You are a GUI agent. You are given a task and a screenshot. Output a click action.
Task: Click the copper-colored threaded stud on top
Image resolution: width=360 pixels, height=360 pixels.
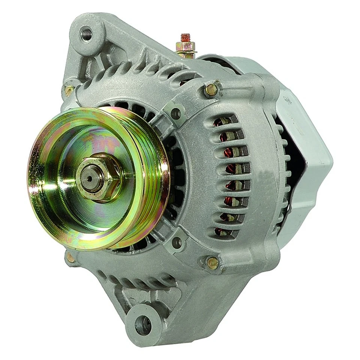185,38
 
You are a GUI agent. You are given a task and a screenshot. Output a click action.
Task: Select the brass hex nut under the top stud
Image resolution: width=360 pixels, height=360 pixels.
186,47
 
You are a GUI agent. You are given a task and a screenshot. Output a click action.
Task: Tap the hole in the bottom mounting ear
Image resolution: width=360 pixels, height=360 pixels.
143,321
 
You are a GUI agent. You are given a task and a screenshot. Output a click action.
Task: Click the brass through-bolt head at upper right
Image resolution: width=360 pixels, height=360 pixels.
211,90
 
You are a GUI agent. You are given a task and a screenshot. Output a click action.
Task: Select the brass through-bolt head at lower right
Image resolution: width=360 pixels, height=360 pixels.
213,263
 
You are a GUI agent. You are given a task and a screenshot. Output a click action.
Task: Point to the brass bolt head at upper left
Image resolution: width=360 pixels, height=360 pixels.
69,90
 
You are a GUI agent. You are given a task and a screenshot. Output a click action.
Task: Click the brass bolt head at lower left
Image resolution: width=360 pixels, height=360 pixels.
70,258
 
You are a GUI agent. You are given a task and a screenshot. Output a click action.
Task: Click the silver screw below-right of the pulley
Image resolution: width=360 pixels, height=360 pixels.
177,243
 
